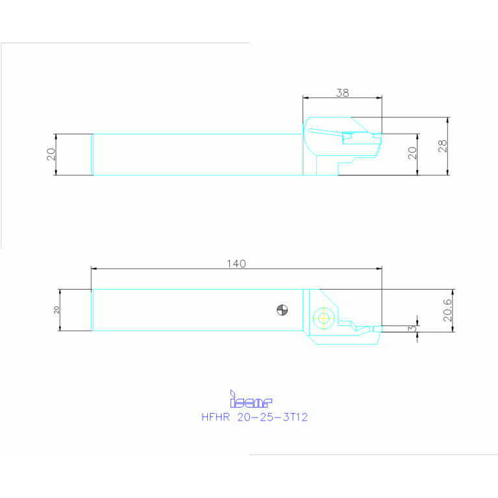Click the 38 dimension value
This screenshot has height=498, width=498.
[342, 93]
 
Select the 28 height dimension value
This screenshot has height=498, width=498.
[443, 146]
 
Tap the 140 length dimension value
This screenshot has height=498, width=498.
[236, 264]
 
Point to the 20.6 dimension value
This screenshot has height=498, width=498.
[447, 310]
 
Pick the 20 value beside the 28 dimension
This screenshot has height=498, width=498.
[412, 154]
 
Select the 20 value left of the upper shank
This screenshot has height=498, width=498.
[51, 154]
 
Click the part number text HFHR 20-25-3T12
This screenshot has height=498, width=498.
[255, 417]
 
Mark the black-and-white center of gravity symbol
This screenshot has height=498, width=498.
[281, 310]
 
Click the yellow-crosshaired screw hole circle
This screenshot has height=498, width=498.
[323, 317]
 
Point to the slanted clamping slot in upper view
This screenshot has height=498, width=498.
[325, 132]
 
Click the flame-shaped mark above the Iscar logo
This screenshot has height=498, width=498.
[232, 393]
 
